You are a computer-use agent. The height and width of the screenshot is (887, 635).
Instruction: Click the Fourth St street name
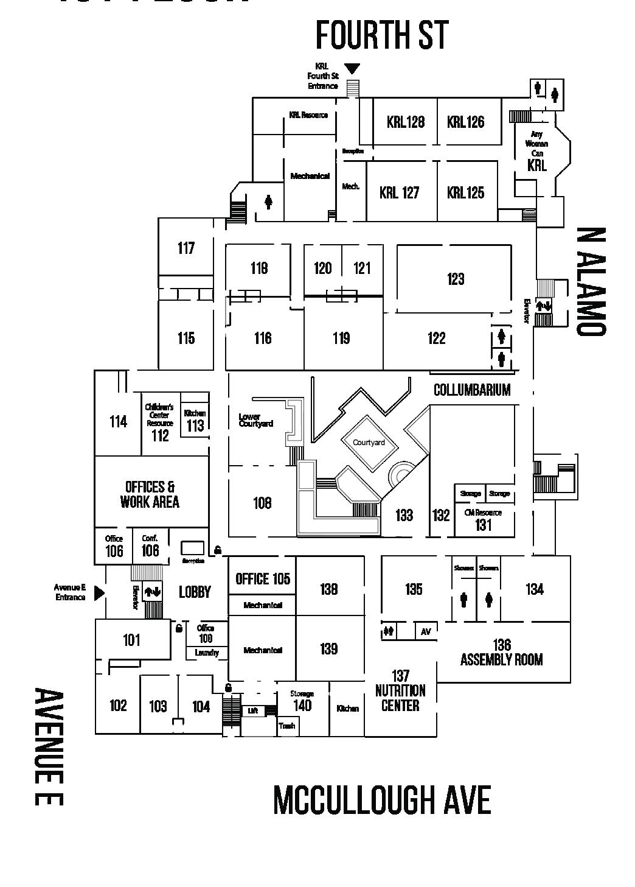tap(382, 35)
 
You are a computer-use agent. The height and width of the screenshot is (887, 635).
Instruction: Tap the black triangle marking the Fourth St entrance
tap(352, 69)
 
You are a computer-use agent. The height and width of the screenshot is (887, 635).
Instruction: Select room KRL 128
tap(405, 122)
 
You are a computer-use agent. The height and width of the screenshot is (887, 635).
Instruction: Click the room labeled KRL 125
tap(465, 192)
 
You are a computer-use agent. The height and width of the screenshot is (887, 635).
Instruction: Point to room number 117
tap(186, 248)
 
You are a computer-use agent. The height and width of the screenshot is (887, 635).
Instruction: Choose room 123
tap(456, 279)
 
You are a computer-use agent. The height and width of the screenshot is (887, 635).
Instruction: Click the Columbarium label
tap(471, 390)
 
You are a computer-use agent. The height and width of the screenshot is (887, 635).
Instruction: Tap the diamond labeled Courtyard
tap(369, 443)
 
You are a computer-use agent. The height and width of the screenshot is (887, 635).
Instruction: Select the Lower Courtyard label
tap(255, 420)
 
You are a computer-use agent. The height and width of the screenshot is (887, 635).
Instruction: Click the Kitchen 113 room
tap(195, 421)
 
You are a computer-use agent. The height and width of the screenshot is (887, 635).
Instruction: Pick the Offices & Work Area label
tap(150, 494)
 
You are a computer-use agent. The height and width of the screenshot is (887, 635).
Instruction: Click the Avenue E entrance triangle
tap(100, 592)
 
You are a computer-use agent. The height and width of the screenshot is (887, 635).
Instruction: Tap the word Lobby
tap(195, 592)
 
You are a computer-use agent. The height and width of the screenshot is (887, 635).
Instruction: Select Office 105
tap(263, 578)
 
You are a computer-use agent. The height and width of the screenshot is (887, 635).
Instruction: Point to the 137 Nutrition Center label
tap(400, 691)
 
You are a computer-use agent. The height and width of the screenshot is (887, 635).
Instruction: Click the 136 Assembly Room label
tap(501, 653)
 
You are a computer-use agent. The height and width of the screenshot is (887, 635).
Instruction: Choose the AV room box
tap(426, 632)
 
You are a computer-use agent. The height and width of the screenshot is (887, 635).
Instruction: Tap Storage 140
tap(302, 701)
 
